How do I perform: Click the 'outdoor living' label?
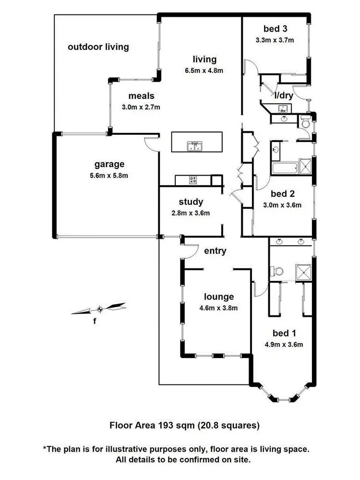coord(98,47)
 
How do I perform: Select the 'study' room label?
coord(191,202)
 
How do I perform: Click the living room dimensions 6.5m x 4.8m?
coord(204,71)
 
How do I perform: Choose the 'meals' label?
coord(141,96)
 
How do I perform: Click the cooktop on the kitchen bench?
coord(193,180)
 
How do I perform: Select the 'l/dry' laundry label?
coord(284,95)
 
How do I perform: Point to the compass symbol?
coord(100,309)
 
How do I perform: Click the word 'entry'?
coord(215,251)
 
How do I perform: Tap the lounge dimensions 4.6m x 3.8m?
coord(218,308)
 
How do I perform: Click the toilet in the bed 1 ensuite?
coord(276,272)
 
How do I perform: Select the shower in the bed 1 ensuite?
coord(304,272)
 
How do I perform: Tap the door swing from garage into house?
coord(151,144)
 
